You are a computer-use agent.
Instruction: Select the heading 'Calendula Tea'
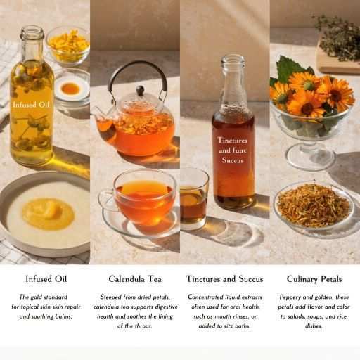[135, 279]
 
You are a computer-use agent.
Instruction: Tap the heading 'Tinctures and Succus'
[225, 279]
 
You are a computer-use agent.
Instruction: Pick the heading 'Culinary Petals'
[314, 279]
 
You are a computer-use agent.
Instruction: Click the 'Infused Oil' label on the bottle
[32, 105]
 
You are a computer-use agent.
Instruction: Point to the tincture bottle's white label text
[233, 150]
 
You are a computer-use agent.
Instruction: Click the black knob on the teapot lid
[139, 90]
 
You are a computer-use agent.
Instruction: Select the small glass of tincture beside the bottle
[193, 199]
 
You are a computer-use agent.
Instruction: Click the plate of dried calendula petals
[314, 205]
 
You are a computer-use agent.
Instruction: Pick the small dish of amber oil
[70, 89]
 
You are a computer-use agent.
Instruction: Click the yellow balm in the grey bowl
[48, 212]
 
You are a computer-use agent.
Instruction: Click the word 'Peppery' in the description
[292, 297]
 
